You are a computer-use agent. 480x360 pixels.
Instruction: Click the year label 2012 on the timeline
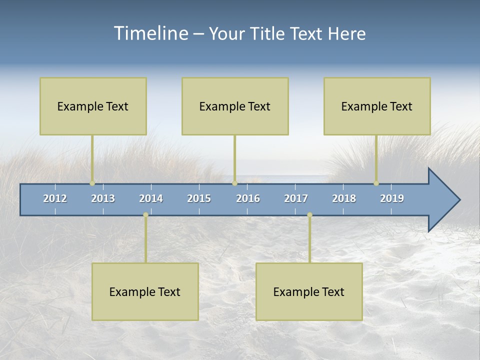coord(55,198)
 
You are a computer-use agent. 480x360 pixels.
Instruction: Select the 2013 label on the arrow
coord(103,198)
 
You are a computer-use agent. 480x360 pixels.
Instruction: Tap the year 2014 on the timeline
coord(151,198)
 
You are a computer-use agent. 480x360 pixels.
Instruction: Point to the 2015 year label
coord(199,198)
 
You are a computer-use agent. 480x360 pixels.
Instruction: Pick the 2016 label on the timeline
coord(248,198)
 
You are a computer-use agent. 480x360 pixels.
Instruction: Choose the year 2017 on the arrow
coord(296,198)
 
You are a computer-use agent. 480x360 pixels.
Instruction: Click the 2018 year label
coord(344,198)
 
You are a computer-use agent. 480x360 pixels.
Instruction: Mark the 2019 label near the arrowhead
coord(392,198)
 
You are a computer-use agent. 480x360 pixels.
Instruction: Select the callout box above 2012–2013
coord(93,106)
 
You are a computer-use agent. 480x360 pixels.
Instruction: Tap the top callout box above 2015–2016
coord(235,106)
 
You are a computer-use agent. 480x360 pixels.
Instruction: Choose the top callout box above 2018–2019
coord(377,106)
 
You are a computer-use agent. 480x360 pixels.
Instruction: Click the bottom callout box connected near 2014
coord(145,291)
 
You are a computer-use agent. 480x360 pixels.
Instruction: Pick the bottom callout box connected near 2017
coord(309,291)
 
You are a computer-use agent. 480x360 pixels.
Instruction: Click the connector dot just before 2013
coord(92,183)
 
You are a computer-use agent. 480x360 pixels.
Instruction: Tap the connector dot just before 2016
coord(234,183)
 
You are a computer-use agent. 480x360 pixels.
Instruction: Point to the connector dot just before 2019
coord(376,183)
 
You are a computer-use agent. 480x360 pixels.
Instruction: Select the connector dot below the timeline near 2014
coord(145,215)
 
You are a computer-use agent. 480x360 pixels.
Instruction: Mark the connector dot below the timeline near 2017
coord(309,215)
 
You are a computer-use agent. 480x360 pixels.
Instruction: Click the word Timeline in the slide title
coord(150,33)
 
